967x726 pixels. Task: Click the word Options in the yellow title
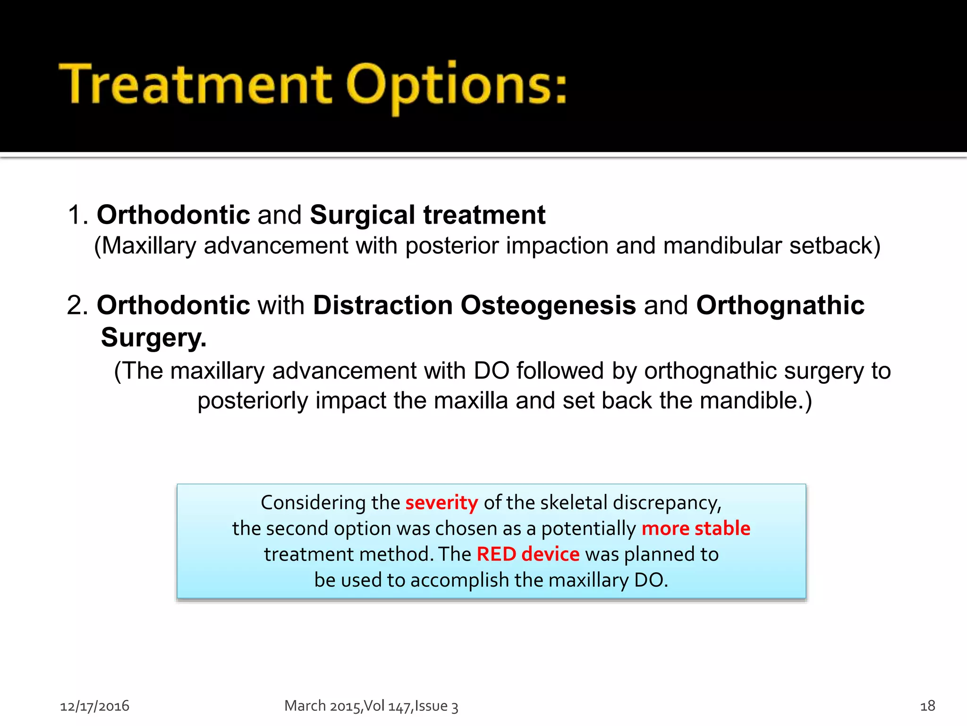pyautogui.click(x=456, y=85)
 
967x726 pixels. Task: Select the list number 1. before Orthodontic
pyautogui.click(x=78, y=215)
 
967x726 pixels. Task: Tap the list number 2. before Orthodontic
pyautogui.click(x=78, y=305)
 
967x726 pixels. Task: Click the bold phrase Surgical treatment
pyautogui.click(x=427, y=215)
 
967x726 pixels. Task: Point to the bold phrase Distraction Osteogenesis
pyautogui.click(x=474, y=305)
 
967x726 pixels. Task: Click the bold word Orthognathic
pyautogui.click(x=780, y=305)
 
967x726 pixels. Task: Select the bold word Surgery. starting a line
pyautogui.click(x=153, y=337)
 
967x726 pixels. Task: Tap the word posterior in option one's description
pyautogui.click(x=452, y=246)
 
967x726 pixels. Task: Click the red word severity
pyautogui.click(x=441, y=502)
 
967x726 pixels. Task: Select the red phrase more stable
pyautogui.click(x=696, y=528)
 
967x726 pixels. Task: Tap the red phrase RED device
pyautogui.click(x=528, y=554)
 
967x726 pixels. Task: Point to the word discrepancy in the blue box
pyautogui.click(x=667, y=502)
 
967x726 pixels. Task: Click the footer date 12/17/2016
pyautogui.click(x=94, y=706)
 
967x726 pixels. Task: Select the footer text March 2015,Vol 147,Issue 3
pyautogui.click(x=371, y=706)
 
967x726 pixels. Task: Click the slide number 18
pyautogui.click(x=927, y=706)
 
